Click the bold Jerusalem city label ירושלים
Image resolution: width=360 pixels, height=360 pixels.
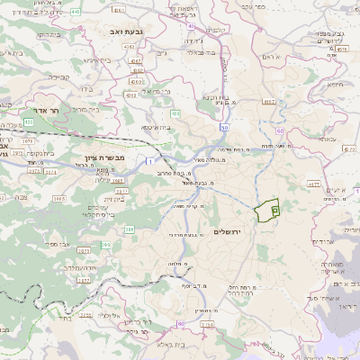(x=232, y=232)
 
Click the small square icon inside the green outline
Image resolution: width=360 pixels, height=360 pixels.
(x=274, y=209)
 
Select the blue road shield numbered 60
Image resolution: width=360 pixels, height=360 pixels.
(x=280, y=130)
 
